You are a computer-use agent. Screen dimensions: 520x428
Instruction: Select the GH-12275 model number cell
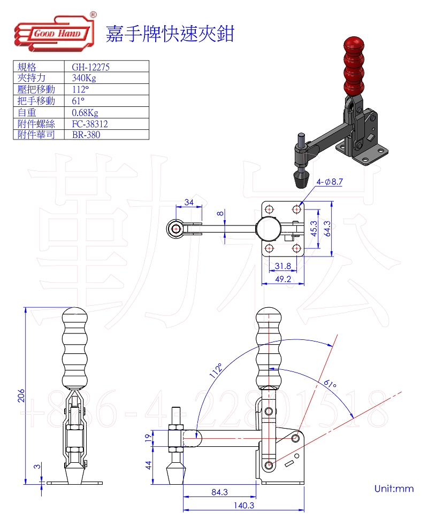tap(90, 67)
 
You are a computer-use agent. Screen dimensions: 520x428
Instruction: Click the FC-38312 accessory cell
tap(90, 123)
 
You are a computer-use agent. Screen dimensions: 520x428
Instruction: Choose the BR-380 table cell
tap(86, 135)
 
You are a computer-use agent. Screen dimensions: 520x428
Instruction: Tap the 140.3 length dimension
tap(243, 505)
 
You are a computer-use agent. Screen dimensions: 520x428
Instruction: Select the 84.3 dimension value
tap(219, 492)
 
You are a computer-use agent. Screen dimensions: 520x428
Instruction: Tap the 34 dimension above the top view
tap(189, 202)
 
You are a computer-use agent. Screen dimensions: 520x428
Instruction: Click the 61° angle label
tap(330, 383)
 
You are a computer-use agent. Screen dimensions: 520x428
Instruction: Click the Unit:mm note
tap(394, 488)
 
